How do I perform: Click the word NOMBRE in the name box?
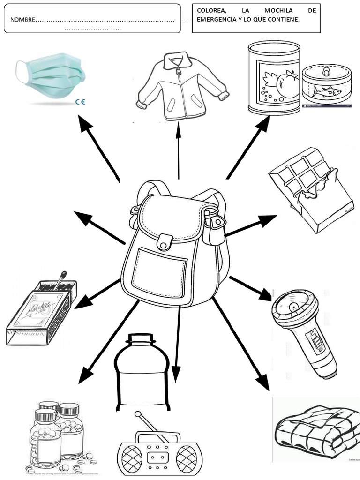pyautogui.click(x=23, y=20)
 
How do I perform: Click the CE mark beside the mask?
pyautogui.click(x=80, y=101)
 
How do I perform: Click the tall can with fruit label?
pyautogui.click(x=274, y=77)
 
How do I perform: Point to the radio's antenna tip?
pyautogui.click(x=138, y=414)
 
